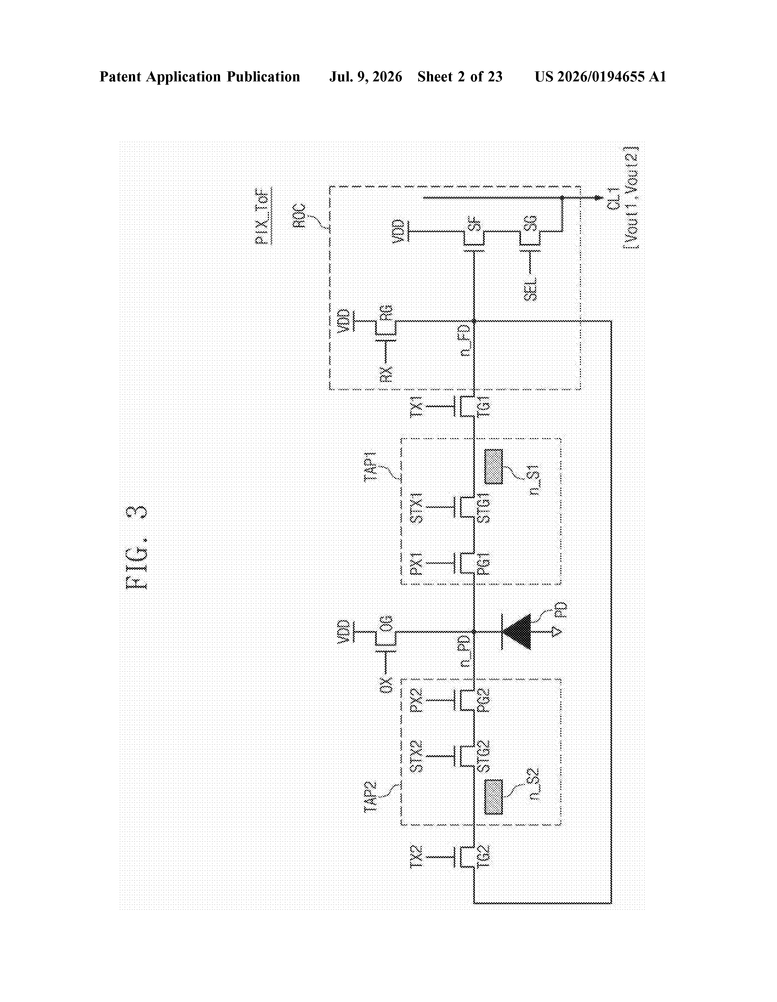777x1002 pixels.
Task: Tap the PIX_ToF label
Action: pos(263,215)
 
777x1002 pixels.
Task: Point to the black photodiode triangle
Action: pos(517,632)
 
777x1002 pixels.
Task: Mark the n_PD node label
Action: pos(465,651)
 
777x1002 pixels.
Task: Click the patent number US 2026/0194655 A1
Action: pos(600,77)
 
